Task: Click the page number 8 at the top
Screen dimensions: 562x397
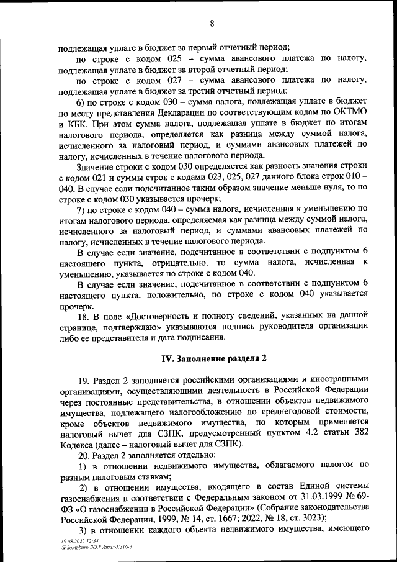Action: tap(212, 24)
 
